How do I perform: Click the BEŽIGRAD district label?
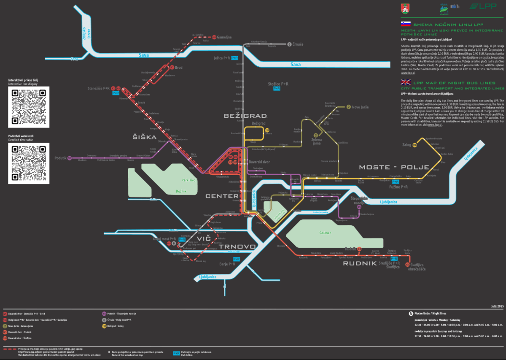pyautogui.click(x=245, y=116)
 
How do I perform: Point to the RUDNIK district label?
pyautogui.click(x=359, y=263)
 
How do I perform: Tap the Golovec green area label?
pyautogui.click(x=325, y=233)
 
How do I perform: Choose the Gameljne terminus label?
pyautogui.click(x=224, y=37)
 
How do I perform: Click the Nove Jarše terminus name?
pyautogui.click(x=360, y=107)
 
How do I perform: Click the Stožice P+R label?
pyautogui.click(x=278, y=84)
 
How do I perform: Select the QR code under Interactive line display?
pyautogui.click(x=29, y=107)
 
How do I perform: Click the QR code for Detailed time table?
pyautogui.click(x=29, y=163)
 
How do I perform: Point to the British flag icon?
pyautogui.click(x=406, y=83)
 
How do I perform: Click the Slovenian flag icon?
pyautogui.click(x=406, y=24)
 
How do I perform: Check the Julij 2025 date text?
pyautogui.click(x=497, y=306)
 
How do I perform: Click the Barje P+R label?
pyautogui.click(x=227, y=264)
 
